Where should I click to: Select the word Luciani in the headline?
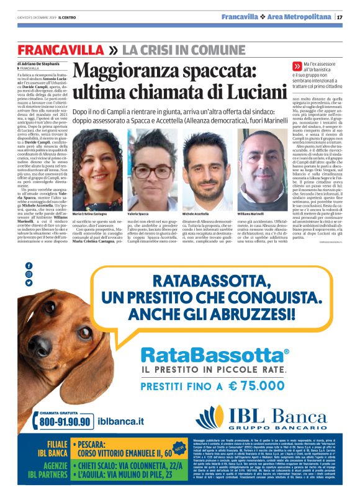(x=243, y=91)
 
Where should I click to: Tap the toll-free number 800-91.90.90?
(x=66, y=421)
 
